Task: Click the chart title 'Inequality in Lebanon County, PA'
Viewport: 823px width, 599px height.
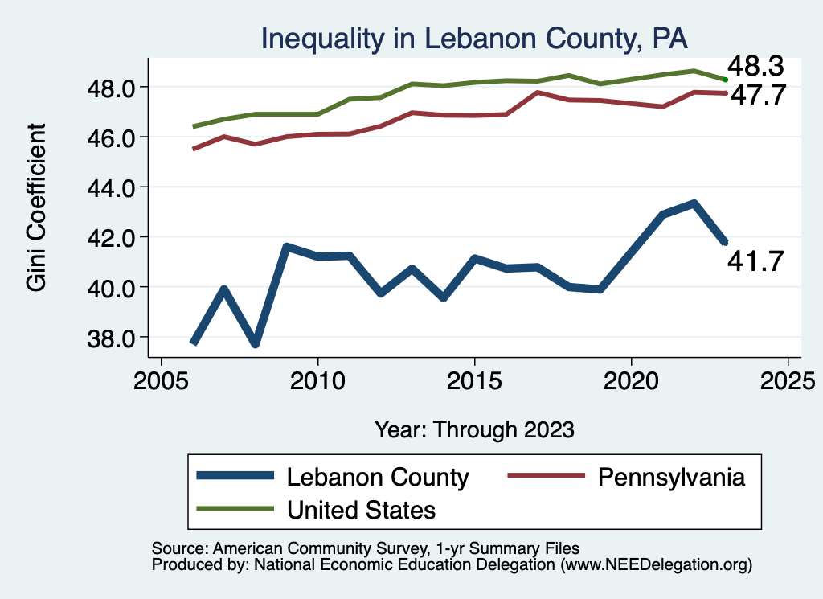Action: pyautogui.click(x=473, y=39)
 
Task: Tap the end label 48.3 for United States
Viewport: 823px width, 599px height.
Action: pyautogui.click(x=755, y=67)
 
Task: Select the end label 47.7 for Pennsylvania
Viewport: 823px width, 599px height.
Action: pyautogui.click(x=755, y=95)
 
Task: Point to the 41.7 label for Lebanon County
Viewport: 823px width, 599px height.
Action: pyautogui.click(x=755, y=261)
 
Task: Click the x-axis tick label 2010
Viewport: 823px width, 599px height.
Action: pyautogui.click(x=317, y=378)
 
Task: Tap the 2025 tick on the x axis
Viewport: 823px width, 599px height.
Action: pyautogui.click(x=788, y=378)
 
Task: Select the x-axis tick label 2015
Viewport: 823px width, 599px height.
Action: pyautogui.click(x=474, y=378)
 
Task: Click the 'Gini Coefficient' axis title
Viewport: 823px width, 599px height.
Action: pyautogui.click(x=37, y=207)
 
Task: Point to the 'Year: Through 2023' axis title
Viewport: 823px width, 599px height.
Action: pyautogui.click(x=474, y=429)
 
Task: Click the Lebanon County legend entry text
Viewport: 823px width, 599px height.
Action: pyautogui.click(x=378, y=477)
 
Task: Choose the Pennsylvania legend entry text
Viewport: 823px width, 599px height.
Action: pyautogui.click(x=672, y=477)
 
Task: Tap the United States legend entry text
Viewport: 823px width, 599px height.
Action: pyautogui.click(x=361, y=509)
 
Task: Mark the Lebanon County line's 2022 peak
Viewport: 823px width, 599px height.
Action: pyautogui.click(x=693, y=204)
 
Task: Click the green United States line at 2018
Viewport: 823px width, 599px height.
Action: pyautogui.click(x=568, y=76)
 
